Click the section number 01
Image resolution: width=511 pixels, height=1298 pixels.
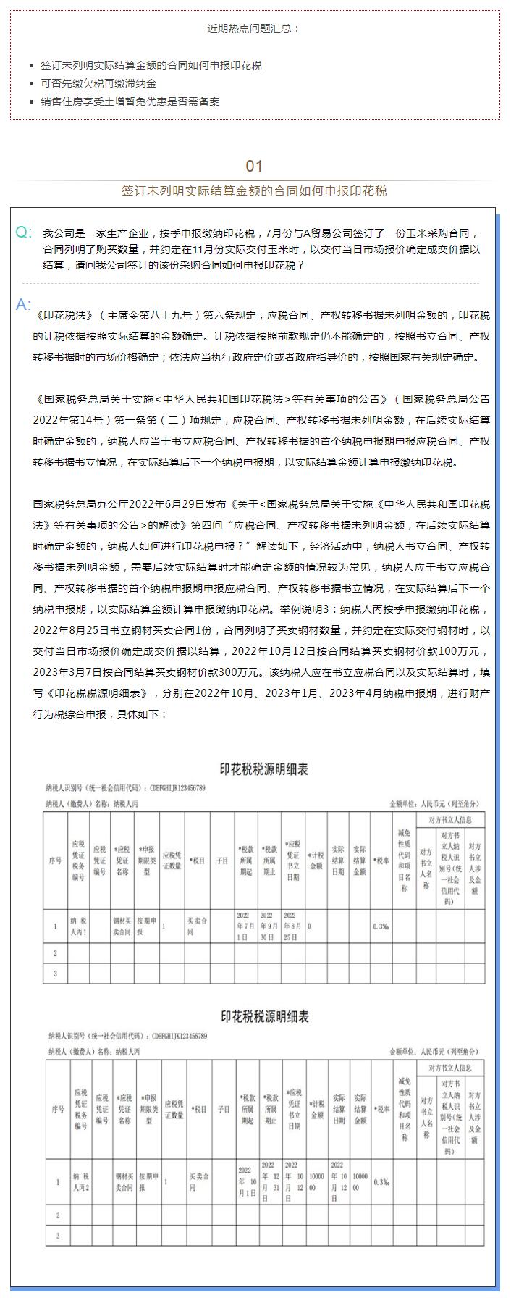pos(254,166)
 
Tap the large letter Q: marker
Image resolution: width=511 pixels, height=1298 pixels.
pos(24,233)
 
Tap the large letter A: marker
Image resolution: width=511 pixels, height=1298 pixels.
pos(24,304)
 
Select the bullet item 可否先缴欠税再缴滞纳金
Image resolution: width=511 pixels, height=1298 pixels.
pos(98,83)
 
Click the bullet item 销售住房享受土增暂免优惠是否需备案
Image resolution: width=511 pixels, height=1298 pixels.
pos(130,101)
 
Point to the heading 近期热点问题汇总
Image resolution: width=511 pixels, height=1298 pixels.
pos(254,29)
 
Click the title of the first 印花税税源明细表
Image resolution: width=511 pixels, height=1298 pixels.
pos(263,769)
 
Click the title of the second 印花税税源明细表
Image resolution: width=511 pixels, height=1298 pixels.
pos(263,1017)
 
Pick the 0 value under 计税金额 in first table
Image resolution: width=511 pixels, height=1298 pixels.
pos(310,926)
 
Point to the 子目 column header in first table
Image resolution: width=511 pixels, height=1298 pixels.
pos(222,861)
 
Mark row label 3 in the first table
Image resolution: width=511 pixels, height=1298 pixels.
pos(55,973)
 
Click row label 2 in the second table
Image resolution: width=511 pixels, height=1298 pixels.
pos(58,1215)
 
